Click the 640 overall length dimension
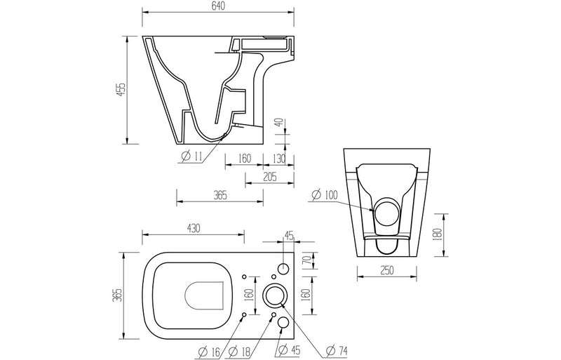[218, 6]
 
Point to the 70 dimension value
[306, 262]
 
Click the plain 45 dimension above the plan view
[289, 235]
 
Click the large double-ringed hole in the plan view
[273, 295]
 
